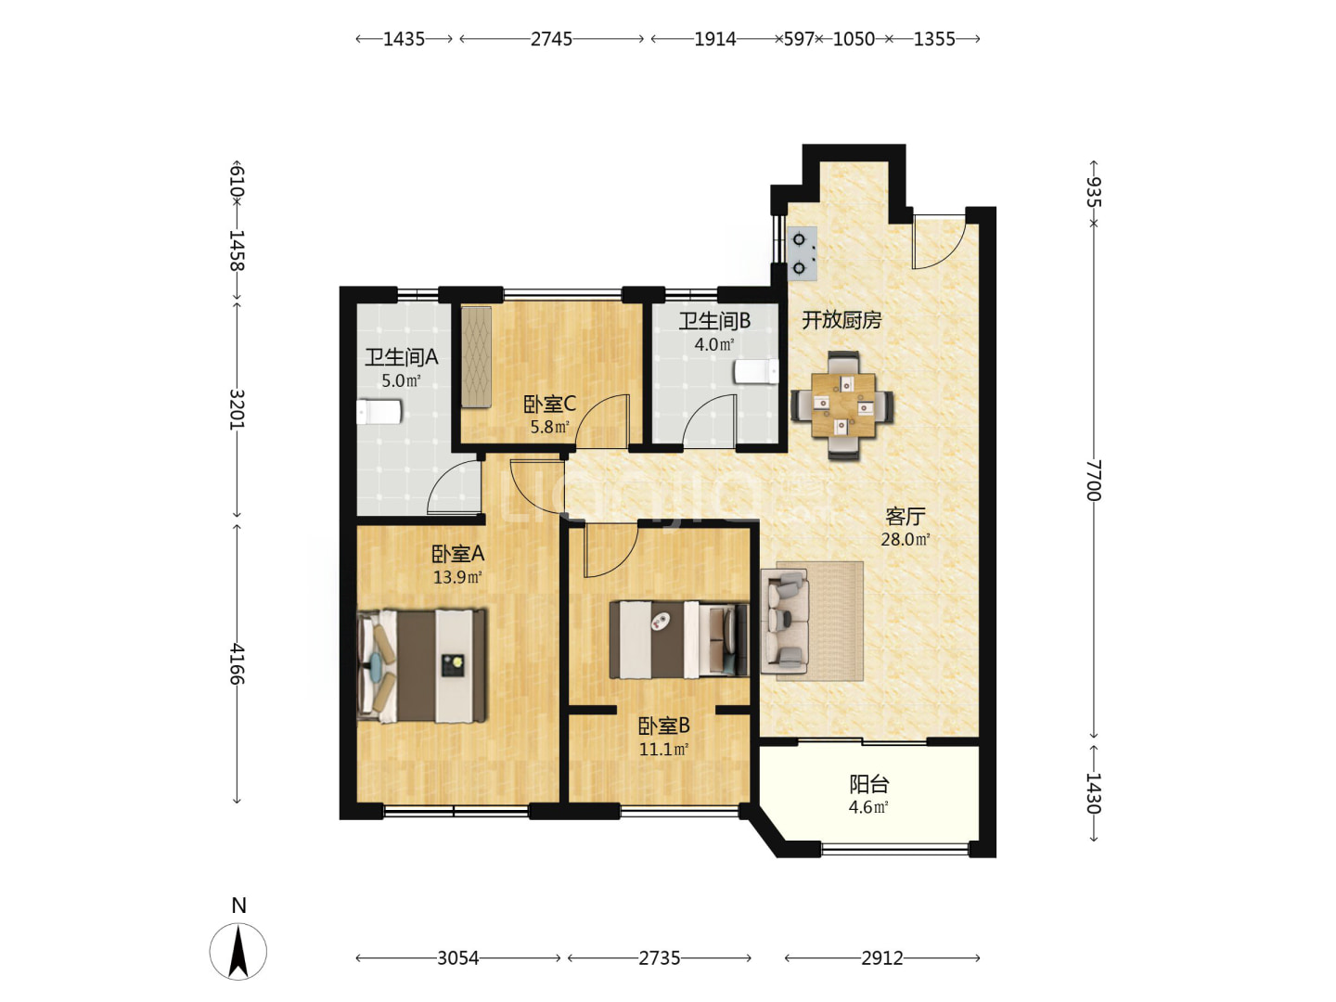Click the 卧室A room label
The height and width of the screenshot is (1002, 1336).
tap(457, 554)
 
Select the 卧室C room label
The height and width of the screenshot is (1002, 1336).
tap(549, 404)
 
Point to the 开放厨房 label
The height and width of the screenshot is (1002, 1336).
tap(841, 320)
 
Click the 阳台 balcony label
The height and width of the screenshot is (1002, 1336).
tap(868, 784)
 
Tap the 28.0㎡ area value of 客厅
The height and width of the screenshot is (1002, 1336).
tap(906, 539)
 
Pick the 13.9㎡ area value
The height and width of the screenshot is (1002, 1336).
tap(457, 577)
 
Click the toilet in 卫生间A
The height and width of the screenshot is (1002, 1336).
tap(379, 412)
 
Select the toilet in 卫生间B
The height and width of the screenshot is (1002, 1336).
tap(756, 372)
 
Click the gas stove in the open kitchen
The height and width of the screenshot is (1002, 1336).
tap(803, 253)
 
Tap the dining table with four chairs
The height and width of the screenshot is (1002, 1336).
tap(842, 405)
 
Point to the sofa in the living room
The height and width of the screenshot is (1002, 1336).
tap(785, 622)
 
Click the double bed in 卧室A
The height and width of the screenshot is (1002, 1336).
tap(422, 665)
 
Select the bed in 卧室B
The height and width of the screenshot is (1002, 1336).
tap(679, 639)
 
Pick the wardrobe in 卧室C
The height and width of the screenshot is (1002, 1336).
tap(476, 357)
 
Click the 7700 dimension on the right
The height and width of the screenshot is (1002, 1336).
tap(1094, 480)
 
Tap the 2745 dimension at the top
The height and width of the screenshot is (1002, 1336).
tap(551, 39)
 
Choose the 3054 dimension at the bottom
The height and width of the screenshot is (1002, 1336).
tap(457, 958)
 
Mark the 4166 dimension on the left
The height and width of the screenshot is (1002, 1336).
tap(237, 664)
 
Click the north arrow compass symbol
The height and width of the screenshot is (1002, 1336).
tap(238, 951)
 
